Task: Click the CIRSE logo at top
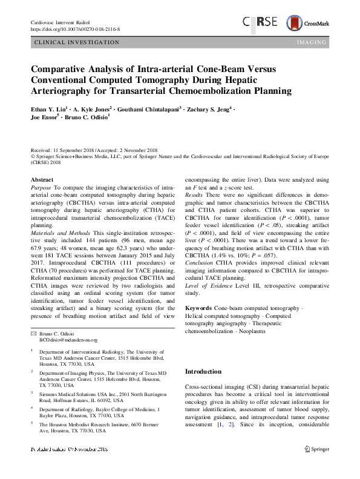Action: pos(262,22)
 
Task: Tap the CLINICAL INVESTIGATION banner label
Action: pos(77,42)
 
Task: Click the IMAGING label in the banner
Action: pos(312,42)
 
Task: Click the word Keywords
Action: pos(198,308)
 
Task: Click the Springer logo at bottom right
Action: pos(315,466)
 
